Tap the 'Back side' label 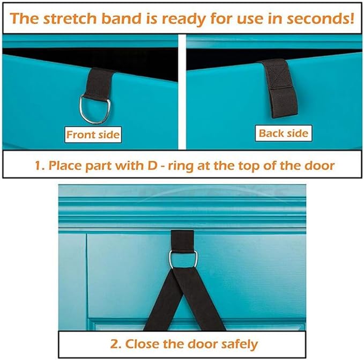[284, 133]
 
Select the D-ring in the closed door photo [183, 259]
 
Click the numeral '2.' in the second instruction [116, 343]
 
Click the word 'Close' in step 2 [146, 343]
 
